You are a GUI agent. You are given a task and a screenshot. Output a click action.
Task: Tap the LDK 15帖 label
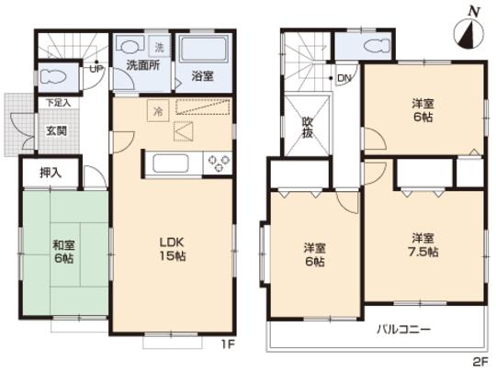coord(172,249)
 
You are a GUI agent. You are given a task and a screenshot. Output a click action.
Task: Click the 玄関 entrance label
coord(57,130)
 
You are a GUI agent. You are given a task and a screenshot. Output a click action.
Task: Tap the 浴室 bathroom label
coord(202,77)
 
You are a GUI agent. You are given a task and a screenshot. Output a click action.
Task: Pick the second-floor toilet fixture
coord(373,47)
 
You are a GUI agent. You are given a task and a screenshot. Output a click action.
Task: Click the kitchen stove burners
coord(220,165)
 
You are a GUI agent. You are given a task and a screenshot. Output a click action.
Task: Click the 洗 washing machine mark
coord(158,46)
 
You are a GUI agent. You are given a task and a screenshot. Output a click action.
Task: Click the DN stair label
coord(343,79)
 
